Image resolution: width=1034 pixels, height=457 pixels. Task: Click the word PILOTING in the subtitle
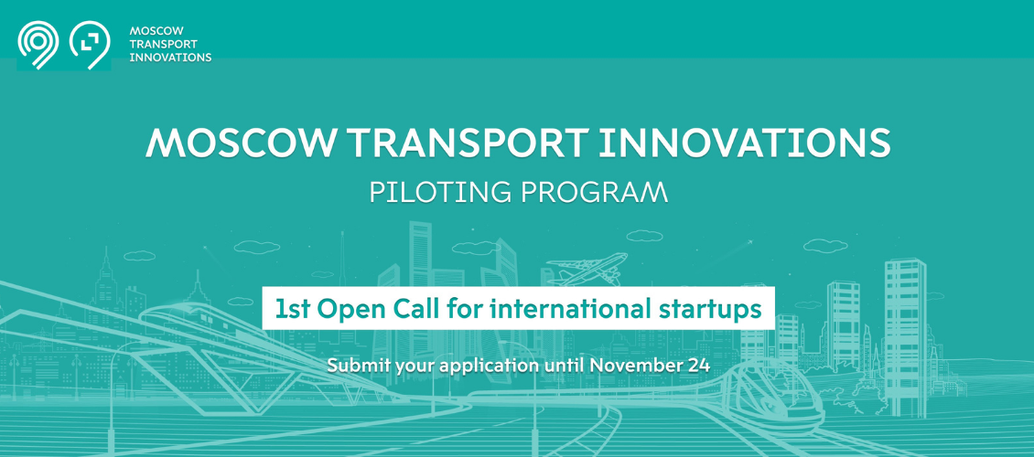point(440,192)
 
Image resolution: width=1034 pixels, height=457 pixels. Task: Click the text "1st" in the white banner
point(292,308)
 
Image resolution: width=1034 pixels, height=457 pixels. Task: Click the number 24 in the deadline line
point(699,366)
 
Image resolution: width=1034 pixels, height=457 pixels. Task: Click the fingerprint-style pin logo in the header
point(38,45)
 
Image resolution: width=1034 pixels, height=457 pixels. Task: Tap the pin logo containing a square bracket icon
point(90,45)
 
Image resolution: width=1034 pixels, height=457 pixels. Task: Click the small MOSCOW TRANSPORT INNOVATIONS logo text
point(170,44)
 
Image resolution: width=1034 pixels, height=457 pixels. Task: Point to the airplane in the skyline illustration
point(587,269)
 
